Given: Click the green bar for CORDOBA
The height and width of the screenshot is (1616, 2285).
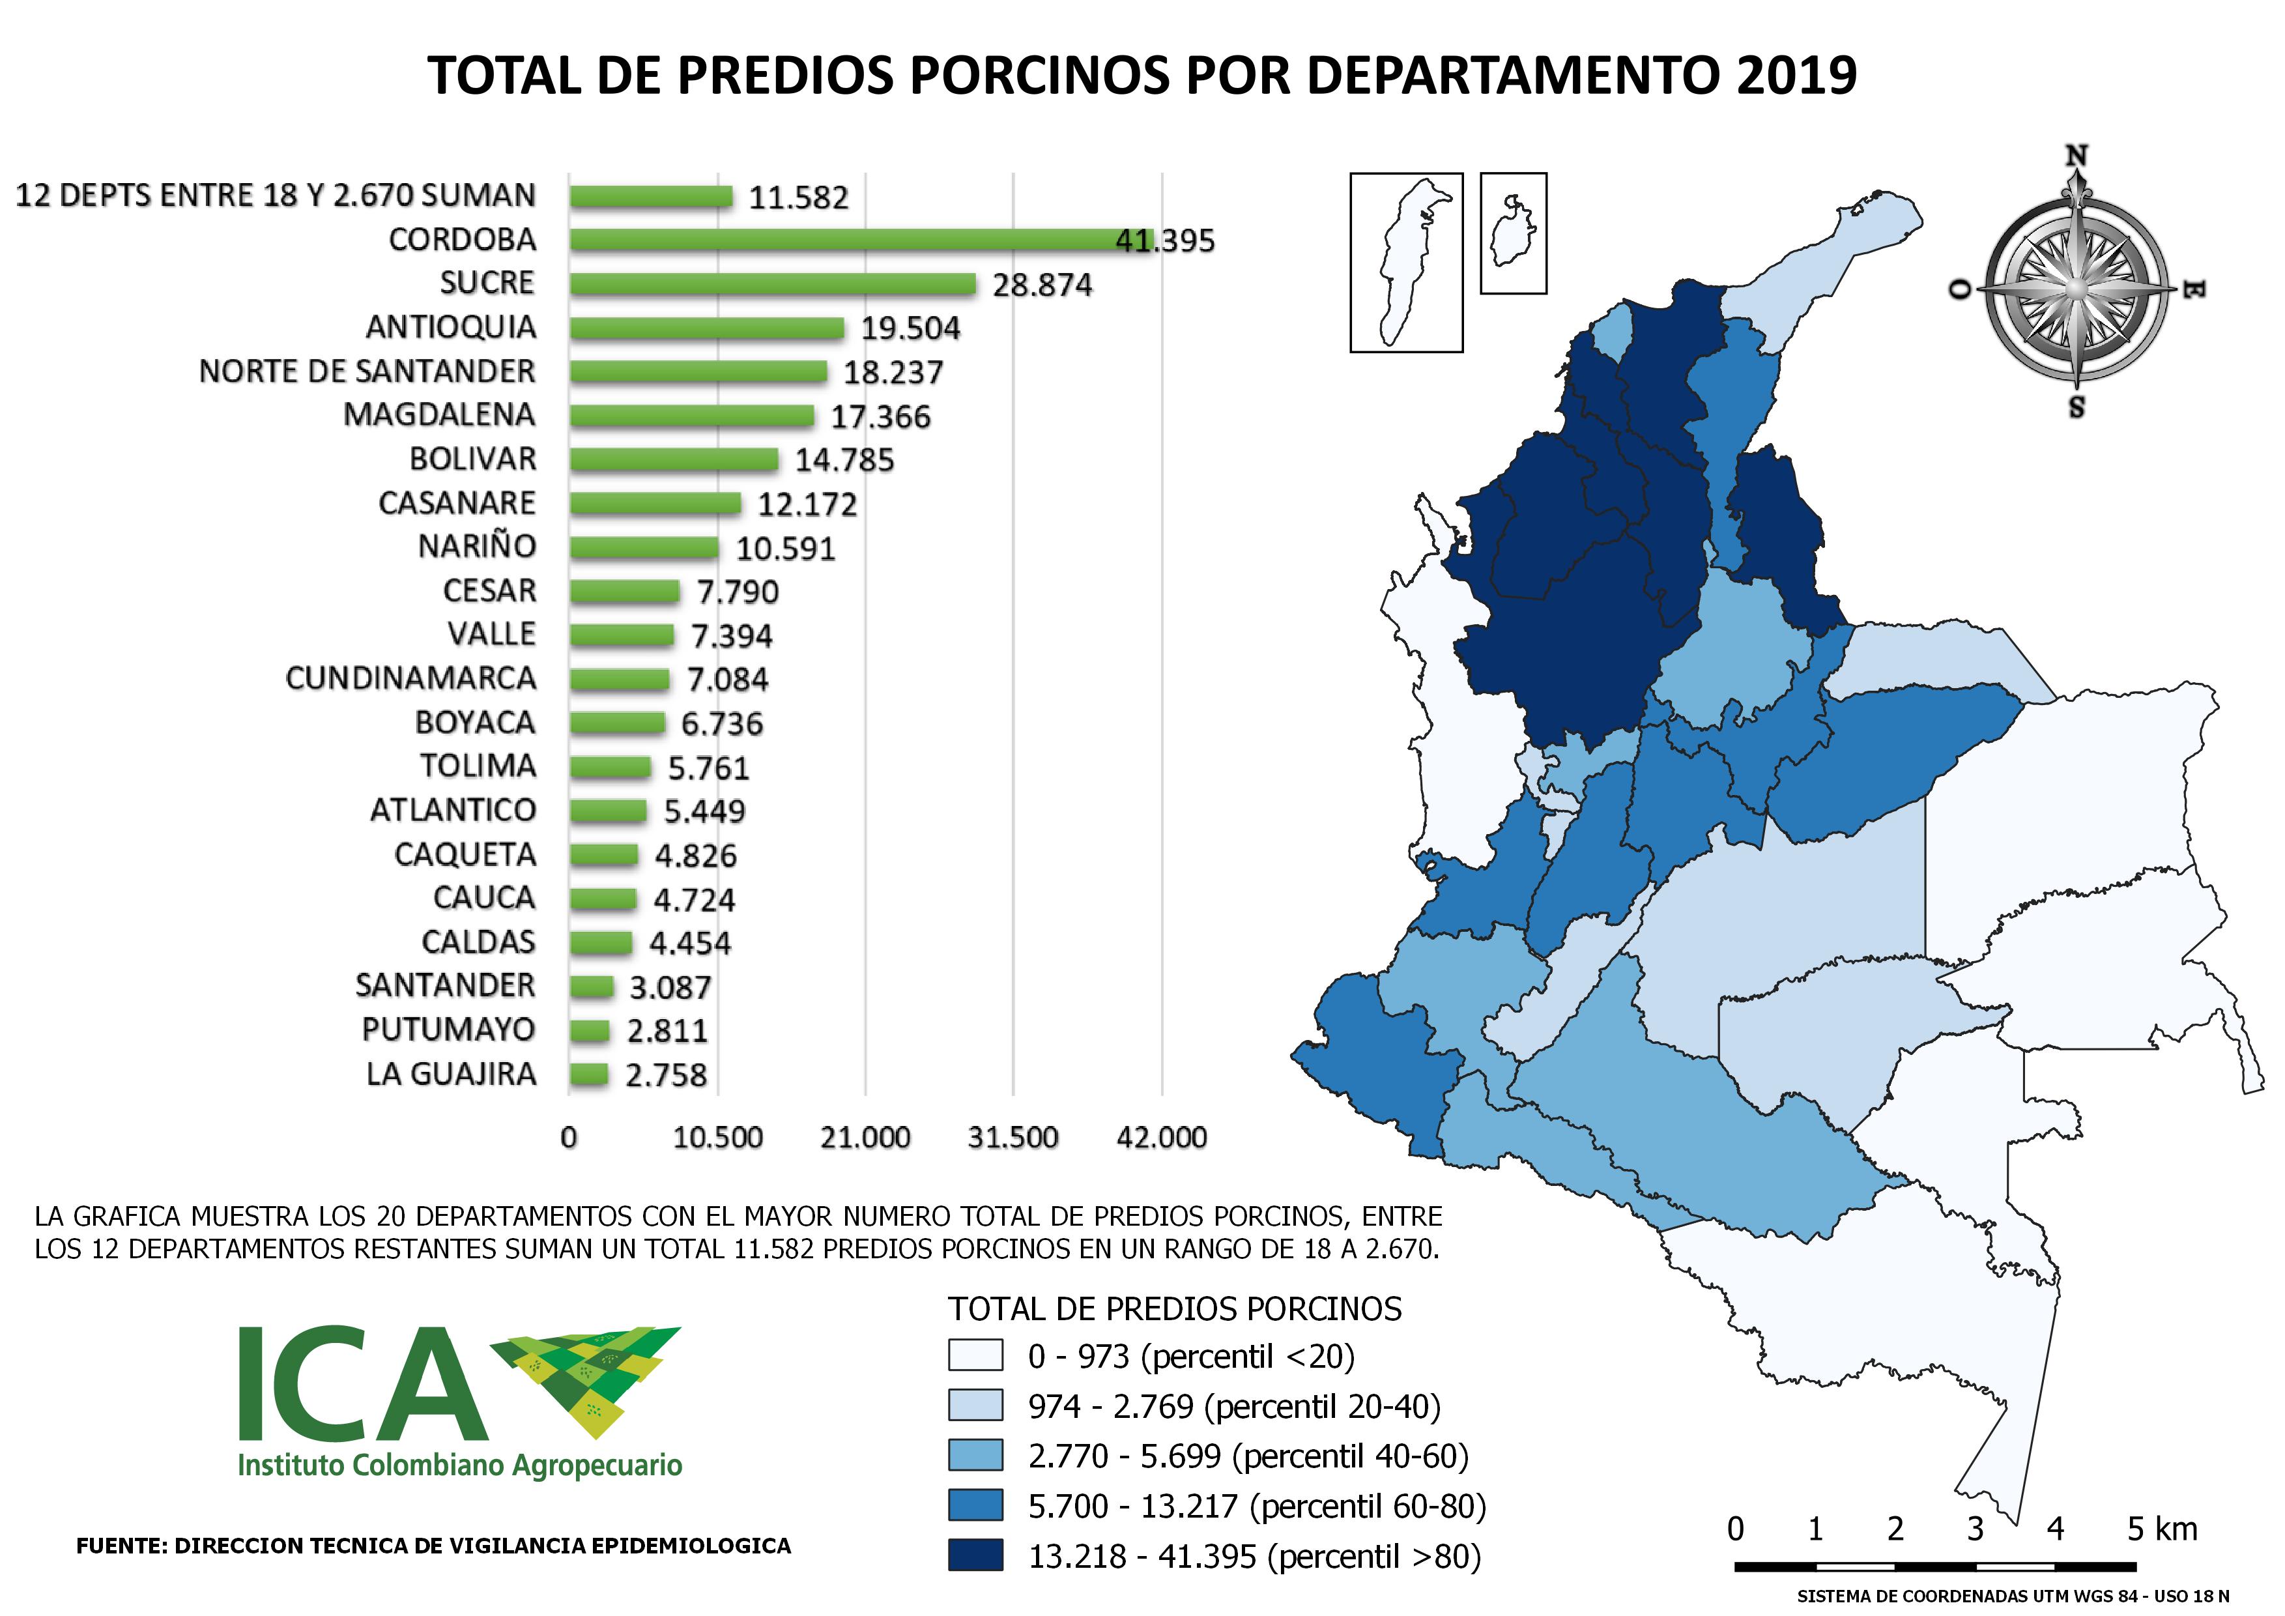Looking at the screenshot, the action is click(x=862, y=240).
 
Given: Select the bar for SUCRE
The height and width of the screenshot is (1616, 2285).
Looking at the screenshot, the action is click(x=773, y=283).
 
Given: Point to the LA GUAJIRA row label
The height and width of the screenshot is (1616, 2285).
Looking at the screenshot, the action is click(x=452, y=1074).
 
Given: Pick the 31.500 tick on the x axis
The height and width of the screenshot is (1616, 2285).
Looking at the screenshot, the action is click(x=1013, y=1137).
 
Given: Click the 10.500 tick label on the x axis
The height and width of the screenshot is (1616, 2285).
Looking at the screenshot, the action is click(x=717, y=1137).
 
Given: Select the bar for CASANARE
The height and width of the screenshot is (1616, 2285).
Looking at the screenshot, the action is click(x=656, y=504).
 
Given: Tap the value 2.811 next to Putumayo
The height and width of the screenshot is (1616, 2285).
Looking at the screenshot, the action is click(x=667, y=1031).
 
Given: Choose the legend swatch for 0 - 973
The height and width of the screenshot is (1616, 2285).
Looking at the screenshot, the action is click(x=975, y=1355).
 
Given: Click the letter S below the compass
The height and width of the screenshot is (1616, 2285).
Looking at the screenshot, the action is click(x=2076, y=407).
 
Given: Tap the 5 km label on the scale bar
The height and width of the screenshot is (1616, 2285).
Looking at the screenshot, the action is click(x=2163, y=1529).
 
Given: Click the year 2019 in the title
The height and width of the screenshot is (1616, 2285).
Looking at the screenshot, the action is click(x=1796, y=75).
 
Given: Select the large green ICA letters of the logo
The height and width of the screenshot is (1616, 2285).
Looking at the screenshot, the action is click(x=364, y=1384).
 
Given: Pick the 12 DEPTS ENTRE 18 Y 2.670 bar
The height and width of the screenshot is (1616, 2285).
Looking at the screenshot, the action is click(x=651, y=196).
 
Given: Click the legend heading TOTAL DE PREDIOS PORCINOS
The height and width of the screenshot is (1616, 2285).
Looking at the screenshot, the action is click(x=1174, y=1308).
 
